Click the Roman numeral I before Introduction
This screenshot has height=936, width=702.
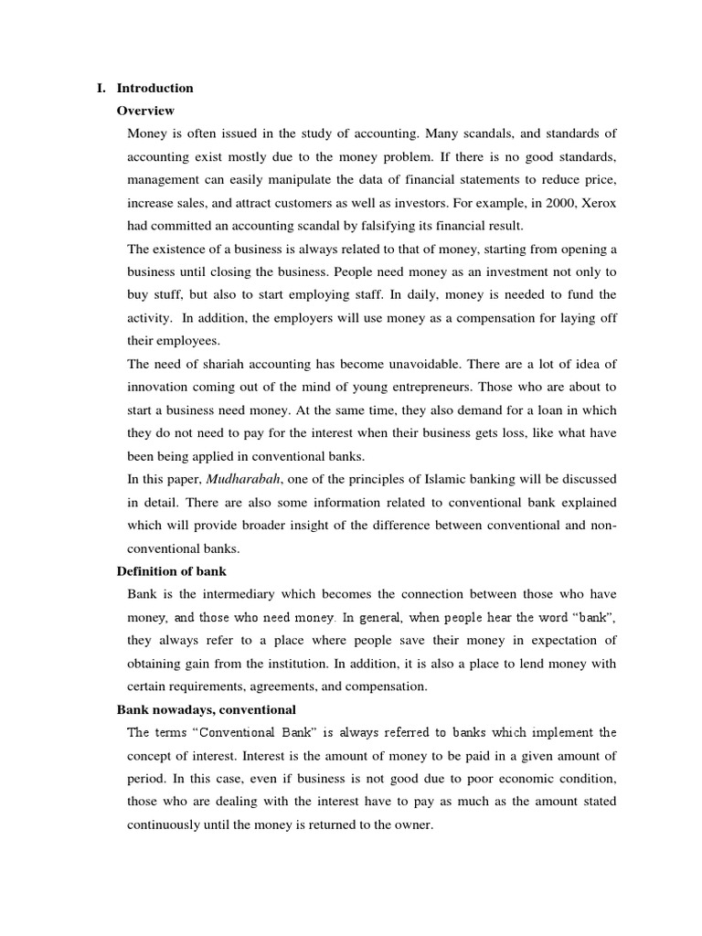[100, 89]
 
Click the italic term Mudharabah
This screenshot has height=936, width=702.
[243, 479]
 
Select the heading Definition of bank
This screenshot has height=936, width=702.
[172, 571]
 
